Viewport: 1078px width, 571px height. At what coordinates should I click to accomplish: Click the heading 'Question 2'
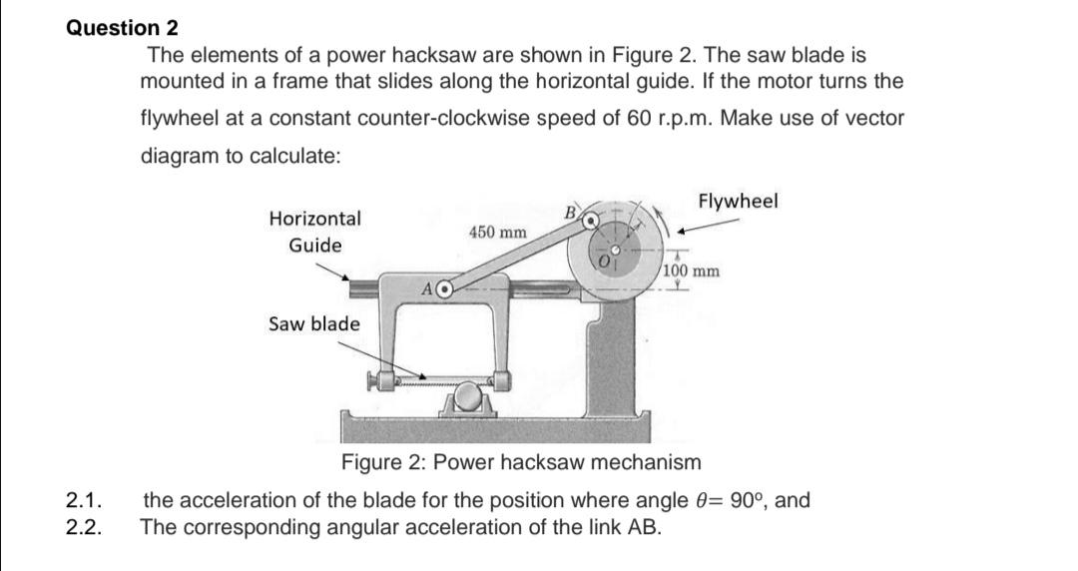pyautogui.click(x=116, y=28)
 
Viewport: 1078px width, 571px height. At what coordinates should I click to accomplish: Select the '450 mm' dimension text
pyautogui.click(x=497, y=232)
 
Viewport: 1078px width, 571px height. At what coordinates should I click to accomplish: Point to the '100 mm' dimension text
pyautogui.click(x=690, y=272)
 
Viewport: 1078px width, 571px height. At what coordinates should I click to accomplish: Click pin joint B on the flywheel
pyautogui.click(x=591, y=218)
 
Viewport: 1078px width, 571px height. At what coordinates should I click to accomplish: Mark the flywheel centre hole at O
pyautogui.click(x=617, y=250)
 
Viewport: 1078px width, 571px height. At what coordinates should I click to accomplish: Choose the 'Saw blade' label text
pyautogui.click(x=314, y=324)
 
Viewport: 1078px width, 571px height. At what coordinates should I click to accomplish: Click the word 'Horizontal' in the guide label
pyautogui.click(x=315, y=218)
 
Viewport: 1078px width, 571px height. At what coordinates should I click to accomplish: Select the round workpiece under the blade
pyautogui.click(x=466, y=400)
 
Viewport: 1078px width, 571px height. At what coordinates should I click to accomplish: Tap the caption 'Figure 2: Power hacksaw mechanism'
pyautogui.click(x=521, y=463)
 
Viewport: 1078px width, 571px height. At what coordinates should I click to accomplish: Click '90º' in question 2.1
pyautogui.click(x=747, y=499)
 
